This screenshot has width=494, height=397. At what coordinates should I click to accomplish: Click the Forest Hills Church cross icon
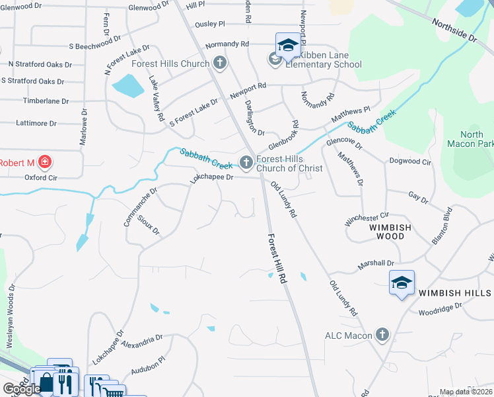pos(220,64)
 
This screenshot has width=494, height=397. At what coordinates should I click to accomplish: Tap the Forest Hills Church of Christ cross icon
pos(246,162)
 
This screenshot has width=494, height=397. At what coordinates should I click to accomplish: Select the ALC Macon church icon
pos(382,335)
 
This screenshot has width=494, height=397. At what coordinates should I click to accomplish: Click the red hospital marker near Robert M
pos(44,162)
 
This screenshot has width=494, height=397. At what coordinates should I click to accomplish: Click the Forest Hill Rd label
pos(278,259)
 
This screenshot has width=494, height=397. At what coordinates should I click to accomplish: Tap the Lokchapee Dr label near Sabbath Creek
pos(213,177)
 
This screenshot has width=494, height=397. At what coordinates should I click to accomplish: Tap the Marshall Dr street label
pos(376,263)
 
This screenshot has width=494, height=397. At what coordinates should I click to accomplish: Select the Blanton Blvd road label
pos(442,226)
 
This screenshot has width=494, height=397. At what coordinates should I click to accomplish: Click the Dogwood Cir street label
pos(410,161)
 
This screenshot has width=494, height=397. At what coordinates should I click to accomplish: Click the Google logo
pos(21,389)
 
